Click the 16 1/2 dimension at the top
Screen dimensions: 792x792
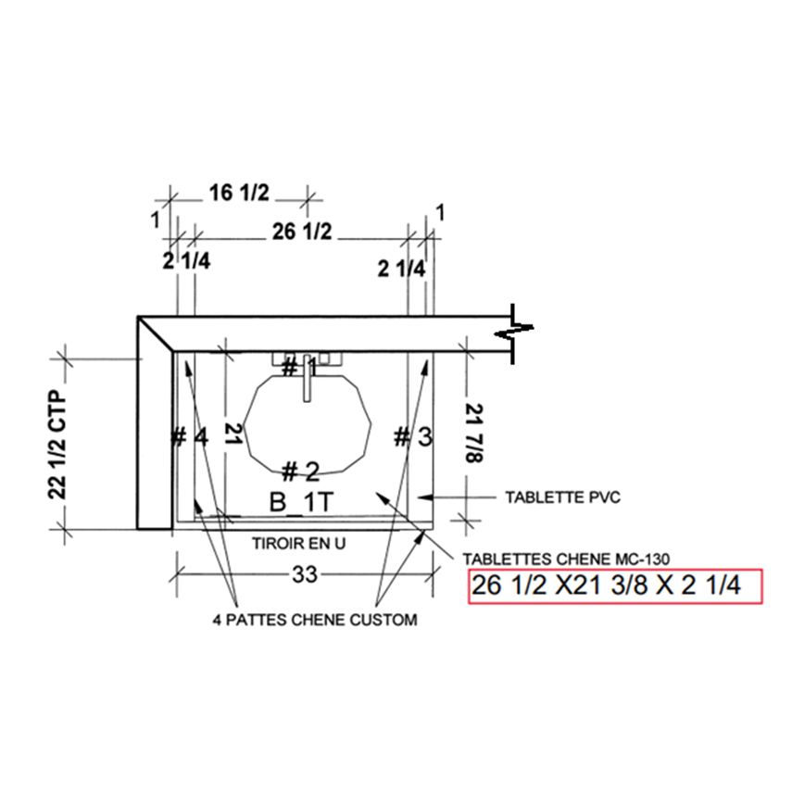pos(239,193)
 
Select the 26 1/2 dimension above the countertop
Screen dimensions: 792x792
pos(302,232)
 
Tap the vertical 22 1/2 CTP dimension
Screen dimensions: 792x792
pos(57,445)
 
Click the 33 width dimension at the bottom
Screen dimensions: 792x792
pos(305,574)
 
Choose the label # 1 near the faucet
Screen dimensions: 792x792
pos(299,367)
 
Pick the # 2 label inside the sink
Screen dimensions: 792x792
pos(300,471)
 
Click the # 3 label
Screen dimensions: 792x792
pos(413,436)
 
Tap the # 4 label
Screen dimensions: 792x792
pos(189,436)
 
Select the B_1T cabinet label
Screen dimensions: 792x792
pos(302,502)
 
